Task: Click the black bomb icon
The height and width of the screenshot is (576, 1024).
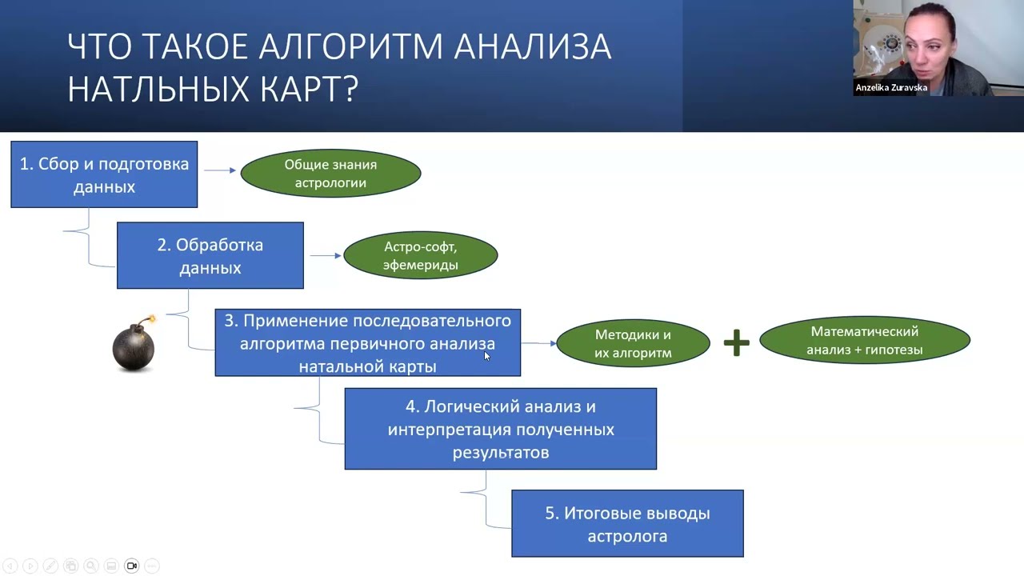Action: (133, 346)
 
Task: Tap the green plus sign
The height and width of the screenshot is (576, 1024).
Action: (736, 342)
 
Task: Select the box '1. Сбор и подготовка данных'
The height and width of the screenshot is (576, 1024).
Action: (104, 174)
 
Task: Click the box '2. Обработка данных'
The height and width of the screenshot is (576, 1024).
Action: (210, 256)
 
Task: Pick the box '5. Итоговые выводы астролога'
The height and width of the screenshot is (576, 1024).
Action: (627, 524)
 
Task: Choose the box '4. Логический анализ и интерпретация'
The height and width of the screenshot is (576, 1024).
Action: (501, 429)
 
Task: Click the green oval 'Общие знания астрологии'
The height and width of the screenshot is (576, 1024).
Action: (330, 174)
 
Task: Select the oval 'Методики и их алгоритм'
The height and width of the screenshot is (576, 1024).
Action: (633, 344)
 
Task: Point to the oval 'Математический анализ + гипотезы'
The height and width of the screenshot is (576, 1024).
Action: (864, 341)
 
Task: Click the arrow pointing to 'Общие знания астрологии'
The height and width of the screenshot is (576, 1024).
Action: (220, 170)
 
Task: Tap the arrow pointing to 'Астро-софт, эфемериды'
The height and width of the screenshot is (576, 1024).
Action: (326, 256)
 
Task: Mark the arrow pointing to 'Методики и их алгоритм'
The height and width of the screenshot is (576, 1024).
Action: (540, 343)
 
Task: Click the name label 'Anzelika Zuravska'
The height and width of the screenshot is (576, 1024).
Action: (891, 88)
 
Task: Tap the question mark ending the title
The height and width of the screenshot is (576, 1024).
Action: (349, 89)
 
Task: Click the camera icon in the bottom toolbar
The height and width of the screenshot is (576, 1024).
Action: (132, 566)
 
